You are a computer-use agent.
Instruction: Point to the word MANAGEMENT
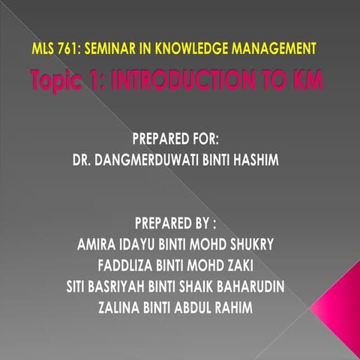[x=273, y=49]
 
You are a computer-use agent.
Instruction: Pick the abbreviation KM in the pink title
[x=306, y=81]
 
